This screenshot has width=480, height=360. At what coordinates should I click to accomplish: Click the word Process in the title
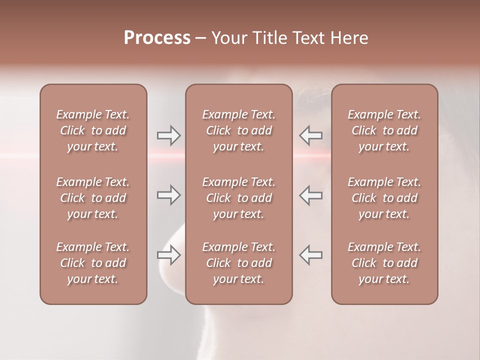[157, 38]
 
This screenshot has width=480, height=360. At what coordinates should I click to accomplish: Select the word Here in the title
[349, 38]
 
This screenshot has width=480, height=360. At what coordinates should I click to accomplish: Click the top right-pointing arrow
[168, 135]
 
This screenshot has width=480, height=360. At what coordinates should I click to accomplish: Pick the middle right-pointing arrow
[168, 195]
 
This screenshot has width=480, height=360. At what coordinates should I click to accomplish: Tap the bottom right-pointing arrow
[168, 255]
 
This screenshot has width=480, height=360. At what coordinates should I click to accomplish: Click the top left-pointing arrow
[311, 135]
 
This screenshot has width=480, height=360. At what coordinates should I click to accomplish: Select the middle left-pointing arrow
[311, 195]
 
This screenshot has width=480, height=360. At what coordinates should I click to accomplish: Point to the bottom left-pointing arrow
[311, 255]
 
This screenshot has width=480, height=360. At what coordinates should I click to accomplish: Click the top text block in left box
[93, 130]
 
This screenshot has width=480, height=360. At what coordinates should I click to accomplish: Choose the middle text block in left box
[93, 198]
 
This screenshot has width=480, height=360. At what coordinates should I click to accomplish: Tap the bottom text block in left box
[93, 263]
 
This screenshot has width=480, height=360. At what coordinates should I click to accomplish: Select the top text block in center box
[238, 130]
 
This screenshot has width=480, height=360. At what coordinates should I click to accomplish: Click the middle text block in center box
[238, 198]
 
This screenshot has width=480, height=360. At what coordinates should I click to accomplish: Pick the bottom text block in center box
[238, 263]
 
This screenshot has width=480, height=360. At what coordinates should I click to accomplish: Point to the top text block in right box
[384, 130]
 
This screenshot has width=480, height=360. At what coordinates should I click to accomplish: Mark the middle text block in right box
[384, 198]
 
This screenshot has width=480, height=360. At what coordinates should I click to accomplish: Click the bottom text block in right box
[384, 263]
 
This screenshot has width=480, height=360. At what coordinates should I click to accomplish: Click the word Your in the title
[229, 38]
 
